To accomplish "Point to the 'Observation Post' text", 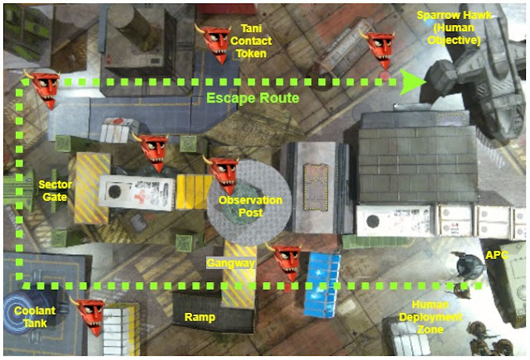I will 250,206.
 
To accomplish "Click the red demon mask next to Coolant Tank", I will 88,317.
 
